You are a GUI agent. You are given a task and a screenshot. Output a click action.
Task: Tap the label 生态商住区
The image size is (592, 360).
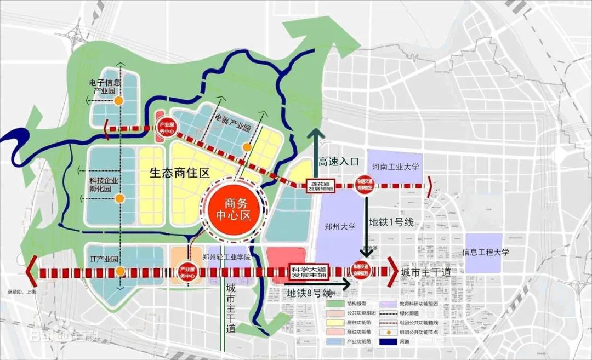(180, 173)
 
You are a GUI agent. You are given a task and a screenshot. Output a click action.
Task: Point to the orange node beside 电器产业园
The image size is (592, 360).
(247, 147)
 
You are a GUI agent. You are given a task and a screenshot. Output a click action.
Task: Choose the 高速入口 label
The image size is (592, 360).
(339, 161)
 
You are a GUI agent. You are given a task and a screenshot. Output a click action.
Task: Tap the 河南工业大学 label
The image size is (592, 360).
(395, 165)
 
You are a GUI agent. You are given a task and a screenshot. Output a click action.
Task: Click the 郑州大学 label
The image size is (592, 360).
(340, 226)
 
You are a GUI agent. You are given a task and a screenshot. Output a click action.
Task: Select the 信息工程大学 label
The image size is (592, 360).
(486, 253)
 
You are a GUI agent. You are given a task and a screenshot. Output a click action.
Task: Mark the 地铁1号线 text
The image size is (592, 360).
(391, 223)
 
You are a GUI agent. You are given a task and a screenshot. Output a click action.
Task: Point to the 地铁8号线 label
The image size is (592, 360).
(310, 294)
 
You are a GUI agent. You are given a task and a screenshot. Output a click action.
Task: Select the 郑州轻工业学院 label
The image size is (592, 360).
(226, 256)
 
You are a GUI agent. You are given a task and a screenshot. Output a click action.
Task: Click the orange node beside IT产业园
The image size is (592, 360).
(120, 271)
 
